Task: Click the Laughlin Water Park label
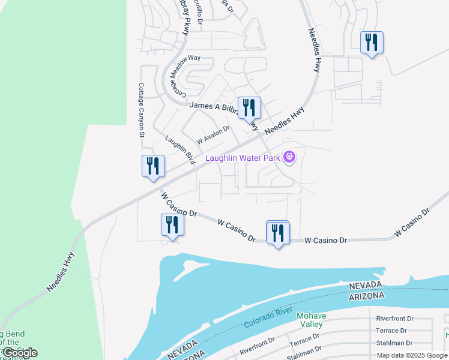(244, 158)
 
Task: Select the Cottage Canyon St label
(142, 110)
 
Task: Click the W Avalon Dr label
(213, 134)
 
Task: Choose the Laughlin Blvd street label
(181, 149)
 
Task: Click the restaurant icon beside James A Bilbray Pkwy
(249, 108)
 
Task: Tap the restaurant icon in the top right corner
(372, 42)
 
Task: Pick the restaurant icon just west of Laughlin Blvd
(153, 166)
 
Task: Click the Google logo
(19, 353)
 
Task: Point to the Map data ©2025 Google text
(412, 355)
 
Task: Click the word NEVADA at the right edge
(366, 284)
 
